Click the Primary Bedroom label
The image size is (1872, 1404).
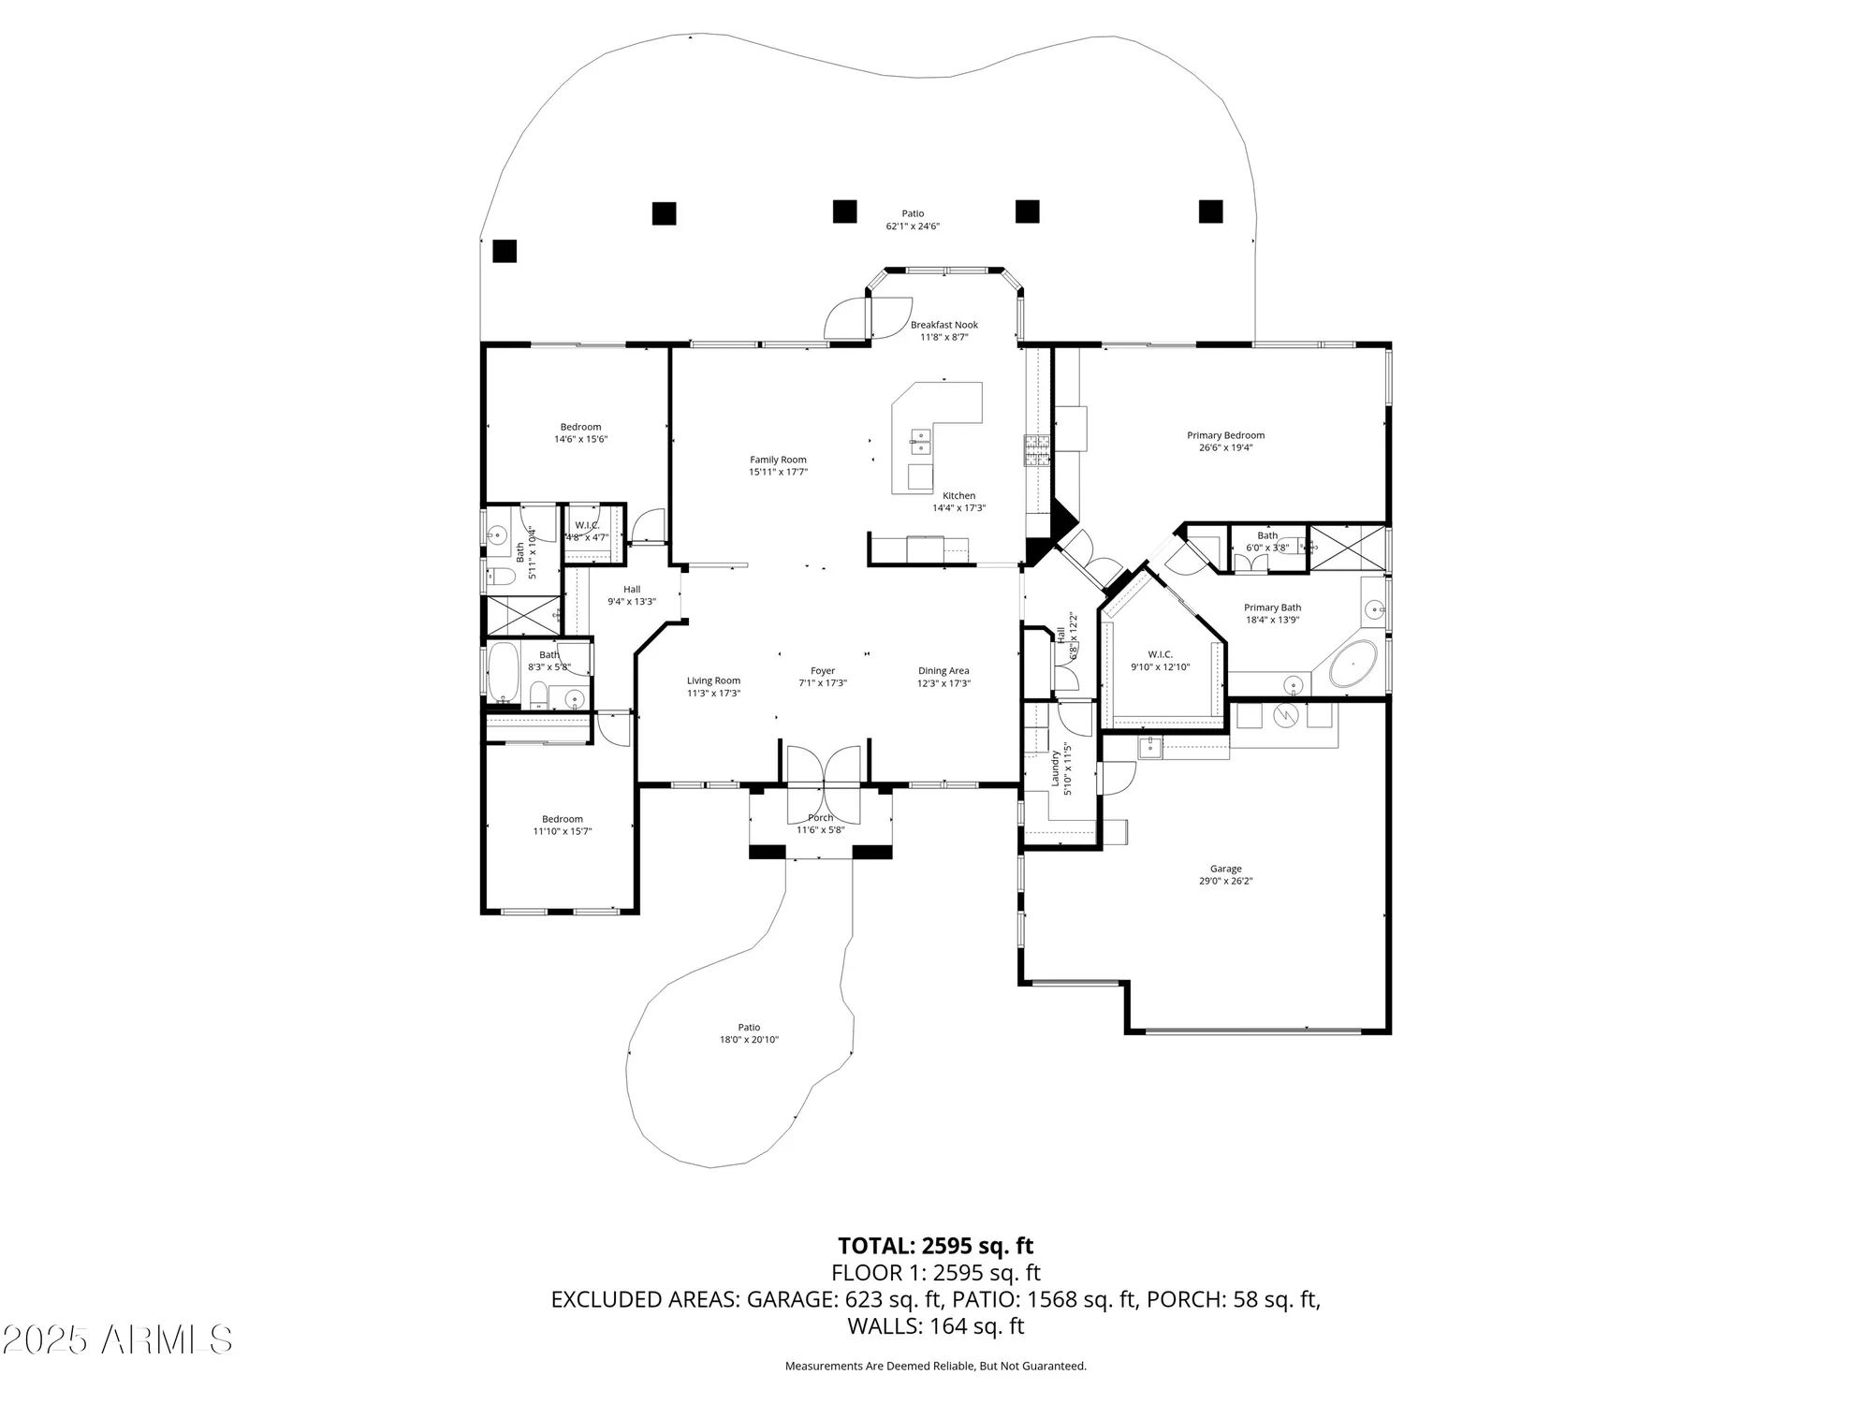1225,435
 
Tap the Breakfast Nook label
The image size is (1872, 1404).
943,325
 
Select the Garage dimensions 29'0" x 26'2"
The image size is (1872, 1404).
1225,881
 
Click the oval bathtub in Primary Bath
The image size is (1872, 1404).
1353,665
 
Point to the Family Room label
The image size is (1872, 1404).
778,460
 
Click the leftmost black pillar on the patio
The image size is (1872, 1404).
505,251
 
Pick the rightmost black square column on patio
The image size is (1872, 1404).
1210,212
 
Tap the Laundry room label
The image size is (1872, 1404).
1055,768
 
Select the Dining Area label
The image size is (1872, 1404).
943,670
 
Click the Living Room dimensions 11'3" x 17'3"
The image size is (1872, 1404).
713,694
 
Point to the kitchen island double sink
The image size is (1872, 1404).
920,435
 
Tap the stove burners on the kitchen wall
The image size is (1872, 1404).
1037,450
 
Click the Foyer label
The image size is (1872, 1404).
823,670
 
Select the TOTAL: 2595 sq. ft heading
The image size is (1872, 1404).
935,1246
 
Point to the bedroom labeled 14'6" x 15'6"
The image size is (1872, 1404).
580,432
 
